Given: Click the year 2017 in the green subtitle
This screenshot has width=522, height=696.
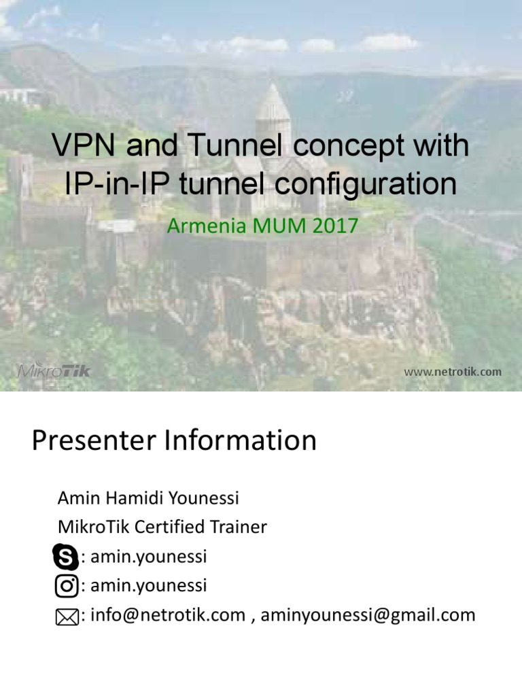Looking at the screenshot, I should pyautogui.click(x=332, y=226).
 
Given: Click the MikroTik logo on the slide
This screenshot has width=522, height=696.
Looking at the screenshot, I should pyautogui.click(x=53, y=371).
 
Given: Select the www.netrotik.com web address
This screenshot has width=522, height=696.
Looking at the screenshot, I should pyautogui.click(x=453, y=372).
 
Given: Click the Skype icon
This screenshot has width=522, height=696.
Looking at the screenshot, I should pyautogui.click(x=66, y=558).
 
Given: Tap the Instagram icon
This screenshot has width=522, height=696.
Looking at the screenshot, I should pyautogui.click(x=66, y=587).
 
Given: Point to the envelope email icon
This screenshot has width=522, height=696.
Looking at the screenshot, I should pyautogui.click(x=67, y=617).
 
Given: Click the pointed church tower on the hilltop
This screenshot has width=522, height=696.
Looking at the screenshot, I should pyautogui.click(x=273, y=109).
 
